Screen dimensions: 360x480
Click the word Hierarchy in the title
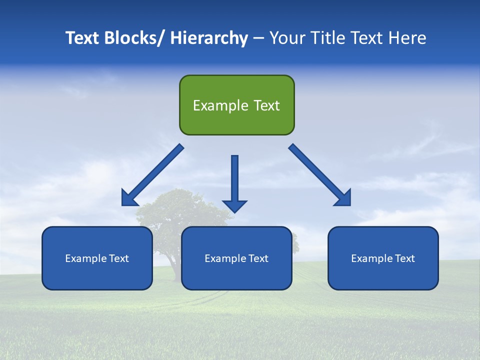coord(209,38)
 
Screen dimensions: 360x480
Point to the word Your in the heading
coord(287,38)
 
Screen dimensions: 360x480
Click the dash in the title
coord(258,39)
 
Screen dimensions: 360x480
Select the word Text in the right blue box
coord(405,258)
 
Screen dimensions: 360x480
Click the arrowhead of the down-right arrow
coord(344,198)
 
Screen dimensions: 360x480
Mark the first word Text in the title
coord(83,38)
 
